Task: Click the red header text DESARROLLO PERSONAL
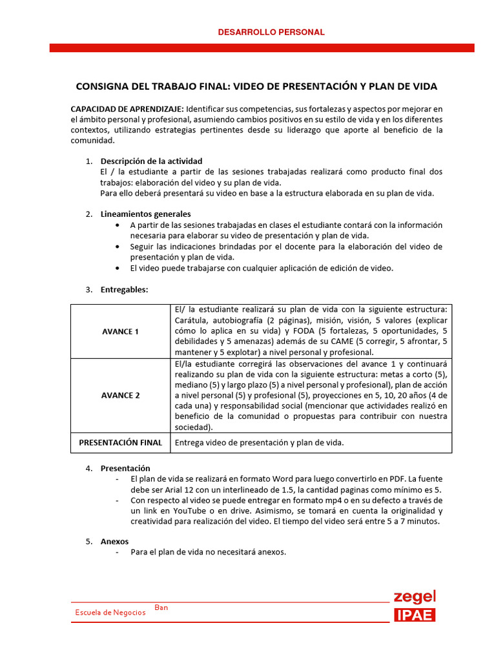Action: [x=271, y=32]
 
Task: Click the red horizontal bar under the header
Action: [x=262, y=48]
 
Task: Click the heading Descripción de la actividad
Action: [x=151, y=161]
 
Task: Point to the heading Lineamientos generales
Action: [x=145, y=214]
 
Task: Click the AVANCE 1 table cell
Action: [x=120, y=331]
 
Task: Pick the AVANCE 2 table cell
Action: [x=120, y=395]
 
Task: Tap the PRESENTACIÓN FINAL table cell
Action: [x=120, y=442]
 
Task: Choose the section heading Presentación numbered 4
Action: [x=125, y=468]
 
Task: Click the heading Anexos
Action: [x=114, y=542]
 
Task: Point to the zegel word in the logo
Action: [x=415, y=596]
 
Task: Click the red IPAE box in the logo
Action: [x=415, y=615]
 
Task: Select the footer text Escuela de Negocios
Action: [x=110, y=612]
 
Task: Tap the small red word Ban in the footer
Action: [x=161, y=607]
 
